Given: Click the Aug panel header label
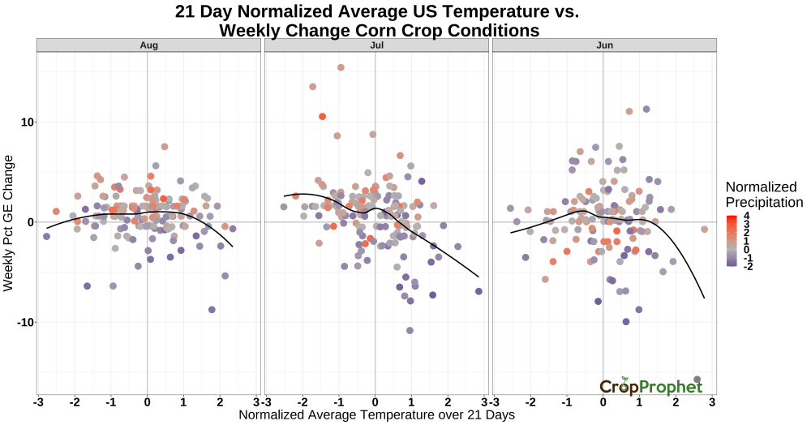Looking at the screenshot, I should click(x=148, y=45).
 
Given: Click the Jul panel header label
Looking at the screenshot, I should click(x=376, y=45).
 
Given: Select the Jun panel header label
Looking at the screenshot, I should click(x=604, y=45).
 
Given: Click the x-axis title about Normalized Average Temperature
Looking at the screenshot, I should click(x=377, y=415).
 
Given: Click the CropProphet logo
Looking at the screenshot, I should click(x=650, y=387).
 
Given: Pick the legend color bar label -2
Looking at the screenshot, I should click(x=746, y=265).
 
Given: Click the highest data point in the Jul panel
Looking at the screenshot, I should click(x=341, y=67).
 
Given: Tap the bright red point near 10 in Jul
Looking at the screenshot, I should click(x=322, y=117).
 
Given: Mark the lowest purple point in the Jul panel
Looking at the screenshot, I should click(x=410, y=330).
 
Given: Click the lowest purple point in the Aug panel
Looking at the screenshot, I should click(x=212, y=310).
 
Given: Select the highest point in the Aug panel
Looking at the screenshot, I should click(x=165, y=147).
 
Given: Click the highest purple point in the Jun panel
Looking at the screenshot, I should click(x=646, y=109).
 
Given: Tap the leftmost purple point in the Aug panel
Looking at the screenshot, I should click(x=46, y=236).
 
